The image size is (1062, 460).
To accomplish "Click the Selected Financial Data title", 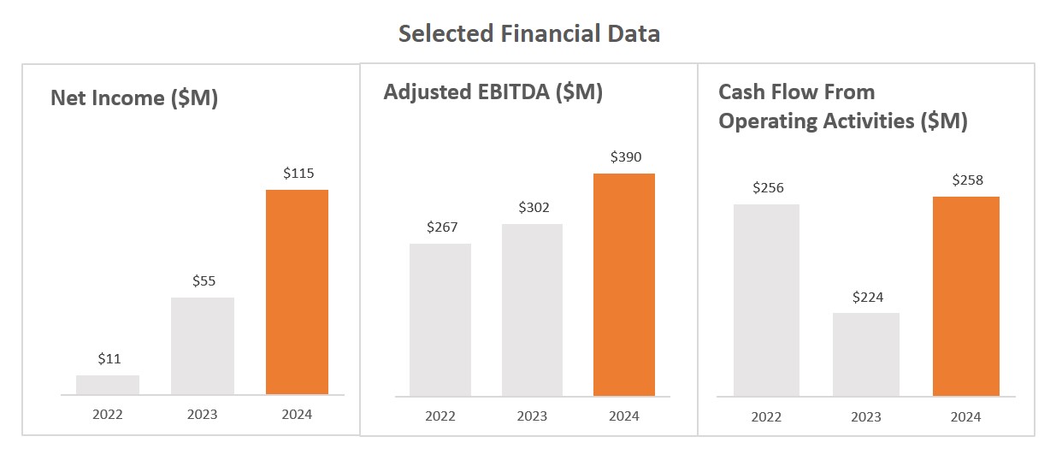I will click(529, 34).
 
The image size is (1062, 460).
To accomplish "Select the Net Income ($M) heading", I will click(134, 98).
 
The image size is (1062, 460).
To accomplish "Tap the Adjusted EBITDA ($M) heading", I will click(493, 92).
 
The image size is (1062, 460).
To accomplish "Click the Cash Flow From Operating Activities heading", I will click(842, 107).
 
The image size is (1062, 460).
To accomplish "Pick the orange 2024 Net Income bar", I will click(297, 292).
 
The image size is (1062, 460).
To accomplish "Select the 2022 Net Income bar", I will click(108, 385).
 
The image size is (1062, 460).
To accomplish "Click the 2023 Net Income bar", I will click(203, 346).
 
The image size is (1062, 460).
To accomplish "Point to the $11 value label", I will click(109, 359).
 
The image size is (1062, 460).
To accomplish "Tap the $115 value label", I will click(298, 173).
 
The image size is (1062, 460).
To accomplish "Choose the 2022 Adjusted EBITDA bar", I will click(440, 320).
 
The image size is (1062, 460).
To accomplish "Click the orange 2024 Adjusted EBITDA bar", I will click(624, 285).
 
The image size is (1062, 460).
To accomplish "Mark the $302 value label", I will click(533, 208).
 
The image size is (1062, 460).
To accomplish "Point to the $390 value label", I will click(625, 157).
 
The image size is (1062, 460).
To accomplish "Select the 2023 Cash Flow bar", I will click(866, 355).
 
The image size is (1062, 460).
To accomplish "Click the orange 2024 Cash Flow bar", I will click(966, 297).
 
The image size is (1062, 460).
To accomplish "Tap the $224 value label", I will click(867, 298).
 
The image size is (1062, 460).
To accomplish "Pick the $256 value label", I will click(767, 188).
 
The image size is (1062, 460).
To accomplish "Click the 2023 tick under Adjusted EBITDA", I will click(532, 416).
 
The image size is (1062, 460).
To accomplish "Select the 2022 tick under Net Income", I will click(108, 415).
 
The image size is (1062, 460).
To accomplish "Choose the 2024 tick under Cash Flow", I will click(965, 417).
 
